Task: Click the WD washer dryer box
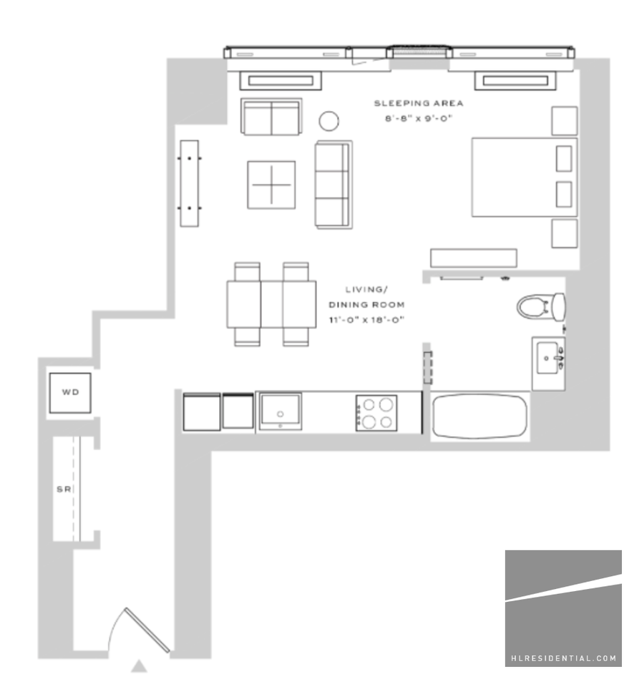[x=69, y=393]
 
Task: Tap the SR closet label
[x=62, y=489]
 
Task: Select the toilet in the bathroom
[x=541, y=308]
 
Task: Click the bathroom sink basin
[x=549, y=355]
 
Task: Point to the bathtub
[x=480, y=416]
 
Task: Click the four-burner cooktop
[x=376, y=413]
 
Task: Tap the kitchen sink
[x=280, y=411]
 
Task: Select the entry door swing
[x=143, y=630]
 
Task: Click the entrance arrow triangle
[x=140, y=666]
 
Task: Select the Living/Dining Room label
[x=366, y=296]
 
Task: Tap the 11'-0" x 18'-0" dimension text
[x=366, y=320]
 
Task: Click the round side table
[x=329, y=121]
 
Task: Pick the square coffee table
[x=271, y=185]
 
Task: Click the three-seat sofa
[x=334, y=185]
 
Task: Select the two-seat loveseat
[x=271, y=117]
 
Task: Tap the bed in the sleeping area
[x=522, y=177]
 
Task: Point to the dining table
[x=271, y=304]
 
